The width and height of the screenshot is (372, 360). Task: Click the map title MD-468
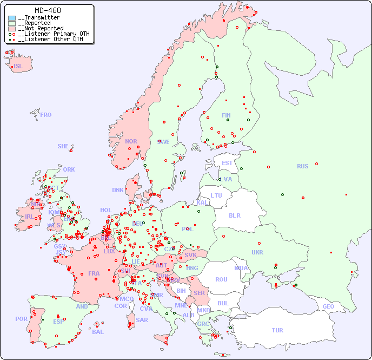[x=48, y=10]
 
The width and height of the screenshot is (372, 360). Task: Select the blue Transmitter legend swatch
[x=12, y=18]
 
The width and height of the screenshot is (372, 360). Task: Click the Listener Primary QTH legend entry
[x=50, y=34]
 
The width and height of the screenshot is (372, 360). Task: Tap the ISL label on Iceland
[x=18, y=67]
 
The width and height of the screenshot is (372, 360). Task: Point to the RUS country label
[x=302, y=166]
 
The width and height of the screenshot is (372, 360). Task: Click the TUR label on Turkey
[x=277, y=330]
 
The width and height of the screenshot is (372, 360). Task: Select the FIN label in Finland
[x=226, y=115]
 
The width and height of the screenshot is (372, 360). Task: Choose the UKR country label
[x=257, y=252]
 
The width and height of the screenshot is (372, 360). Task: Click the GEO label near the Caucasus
[x=328, y=306]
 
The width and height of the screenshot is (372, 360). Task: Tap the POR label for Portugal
[x=21, y=319]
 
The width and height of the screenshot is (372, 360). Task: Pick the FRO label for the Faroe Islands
[x=46, y=115]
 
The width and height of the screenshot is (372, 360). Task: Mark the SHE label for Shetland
[x=63, y=146]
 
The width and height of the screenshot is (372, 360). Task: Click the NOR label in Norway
[x=131, y=141]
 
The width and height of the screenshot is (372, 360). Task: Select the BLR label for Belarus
[x=235, y=215]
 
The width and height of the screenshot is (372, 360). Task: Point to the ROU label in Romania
[x=221, y=279]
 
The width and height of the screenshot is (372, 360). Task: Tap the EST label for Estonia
[x=227, y=163]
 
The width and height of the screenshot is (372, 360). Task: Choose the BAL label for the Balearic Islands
[x=98, y=332]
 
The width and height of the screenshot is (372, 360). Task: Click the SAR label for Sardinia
[x=142, y=320]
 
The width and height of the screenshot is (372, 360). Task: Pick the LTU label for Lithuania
[x=216, y=195]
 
